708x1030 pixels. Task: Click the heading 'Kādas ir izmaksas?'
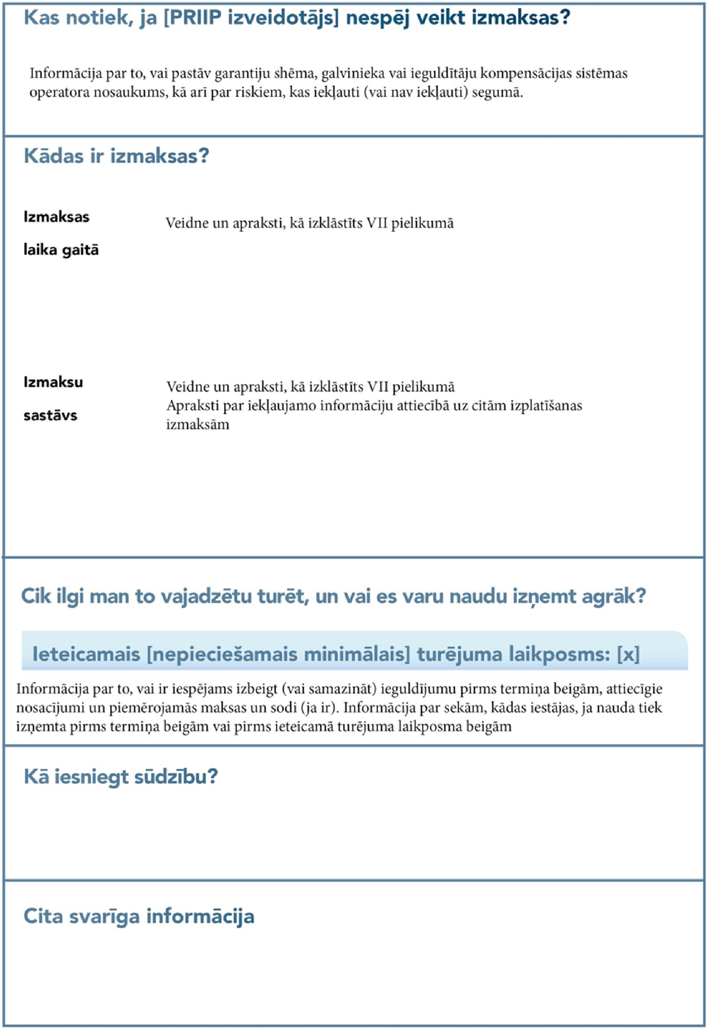point(116,156)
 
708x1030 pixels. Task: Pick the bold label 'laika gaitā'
point(61,250)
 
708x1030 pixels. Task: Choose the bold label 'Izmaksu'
point(53,382)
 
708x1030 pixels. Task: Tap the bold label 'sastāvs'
point(50,415)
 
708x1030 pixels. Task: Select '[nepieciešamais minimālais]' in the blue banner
point(279,654)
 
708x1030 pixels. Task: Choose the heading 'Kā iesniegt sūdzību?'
point(121,777)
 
